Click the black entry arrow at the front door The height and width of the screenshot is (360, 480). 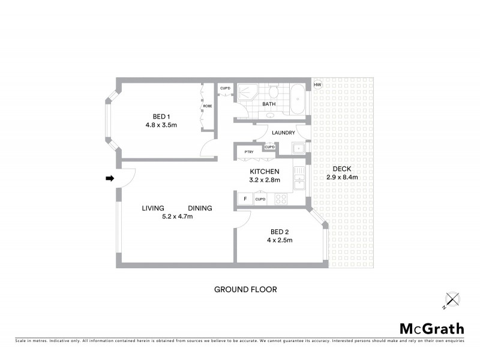pyautogui.click(x=110, y=178)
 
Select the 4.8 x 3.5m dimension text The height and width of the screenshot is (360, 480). pyautogui.click(x=161, y=125)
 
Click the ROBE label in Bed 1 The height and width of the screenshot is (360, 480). pyautogui.click(x=208, y=106)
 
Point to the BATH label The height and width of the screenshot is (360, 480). pyautogui.click(x=269, y=104)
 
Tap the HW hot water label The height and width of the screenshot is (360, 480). pyautogui.click(x=318, y=85)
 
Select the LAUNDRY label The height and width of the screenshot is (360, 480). pyautogui.click(x=283, y=133)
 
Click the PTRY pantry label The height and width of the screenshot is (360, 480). pyautogui.click(x=249, y=152)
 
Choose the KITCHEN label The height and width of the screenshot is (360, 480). pyautogui.click(x=265, y=172)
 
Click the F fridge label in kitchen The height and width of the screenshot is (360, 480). pyautogui.click(x=244, y=199)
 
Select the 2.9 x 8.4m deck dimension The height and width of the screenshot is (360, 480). pyautogui.click(x=343, y=178)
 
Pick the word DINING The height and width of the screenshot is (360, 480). pyautogui.click(x=200, y=208)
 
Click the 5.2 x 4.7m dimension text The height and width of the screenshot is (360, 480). pyautogui.click(x=176, y=217)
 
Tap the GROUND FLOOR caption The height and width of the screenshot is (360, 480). pyautogui.click(x=245, y=289)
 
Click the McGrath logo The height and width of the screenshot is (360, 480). pyautogui.click(x=432, y=328)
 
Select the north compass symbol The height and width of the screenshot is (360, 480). pyautogui.click(x=451, y=299)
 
